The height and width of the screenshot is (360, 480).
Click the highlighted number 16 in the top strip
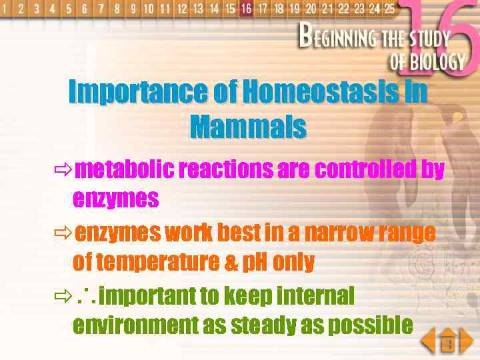(247, 9)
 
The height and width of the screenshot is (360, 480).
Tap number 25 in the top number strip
(389, 9)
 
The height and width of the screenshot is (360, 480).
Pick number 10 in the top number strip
(148, 9)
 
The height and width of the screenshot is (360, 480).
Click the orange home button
(447, 342)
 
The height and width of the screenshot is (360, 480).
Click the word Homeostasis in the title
(321, 92)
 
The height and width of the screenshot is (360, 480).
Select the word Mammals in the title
(248, 126)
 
